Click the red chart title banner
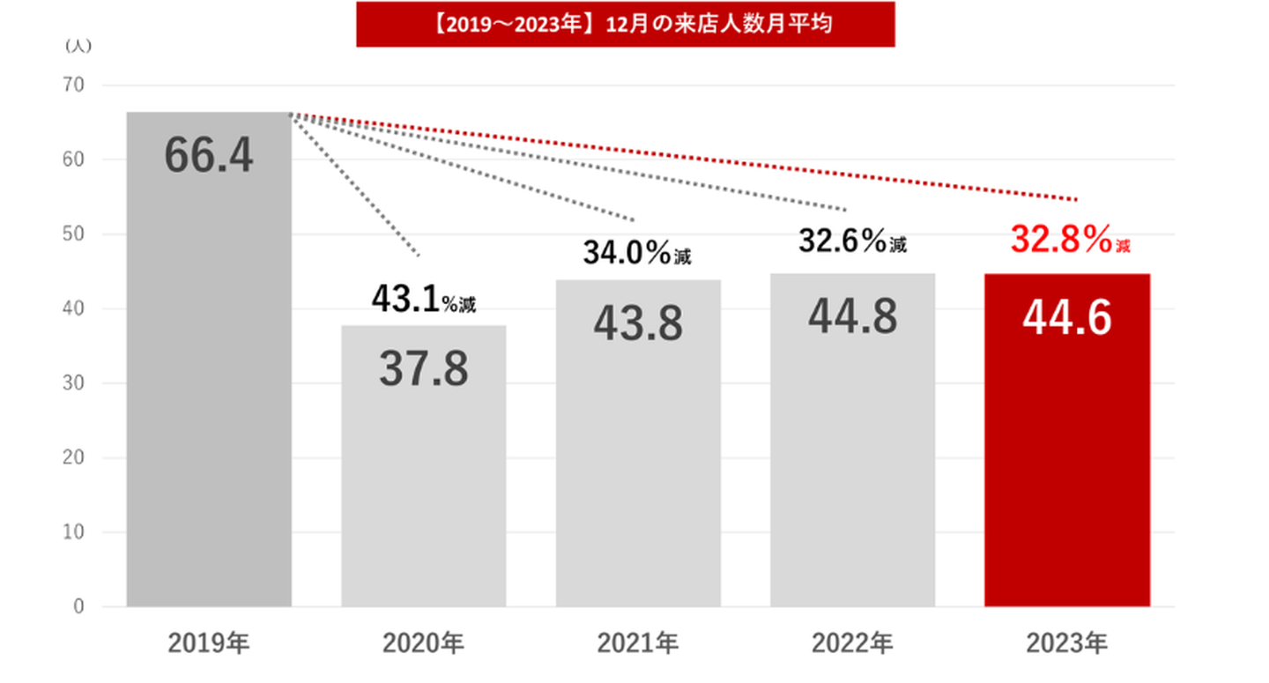[x=625, y=24]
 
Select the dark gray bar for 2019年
[x=209, y=397]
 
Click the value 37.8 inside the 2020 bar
[x=423, y=370]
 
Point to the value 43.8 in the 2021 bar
[x=637, y=324]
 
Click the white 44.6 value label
[x=1066, y=318]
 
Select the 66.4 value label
[x=209, y=156]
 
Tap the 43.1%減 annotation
[x=423, y=301]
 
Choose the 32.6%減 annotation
[x=852, y=241]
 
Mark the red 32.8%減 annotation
[x=1070, y=239]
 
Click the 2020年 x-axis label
[x=423, y=644]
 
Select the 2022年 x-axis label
[x=852, y=644]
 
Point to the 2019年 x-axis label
[x=209, y=644]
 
